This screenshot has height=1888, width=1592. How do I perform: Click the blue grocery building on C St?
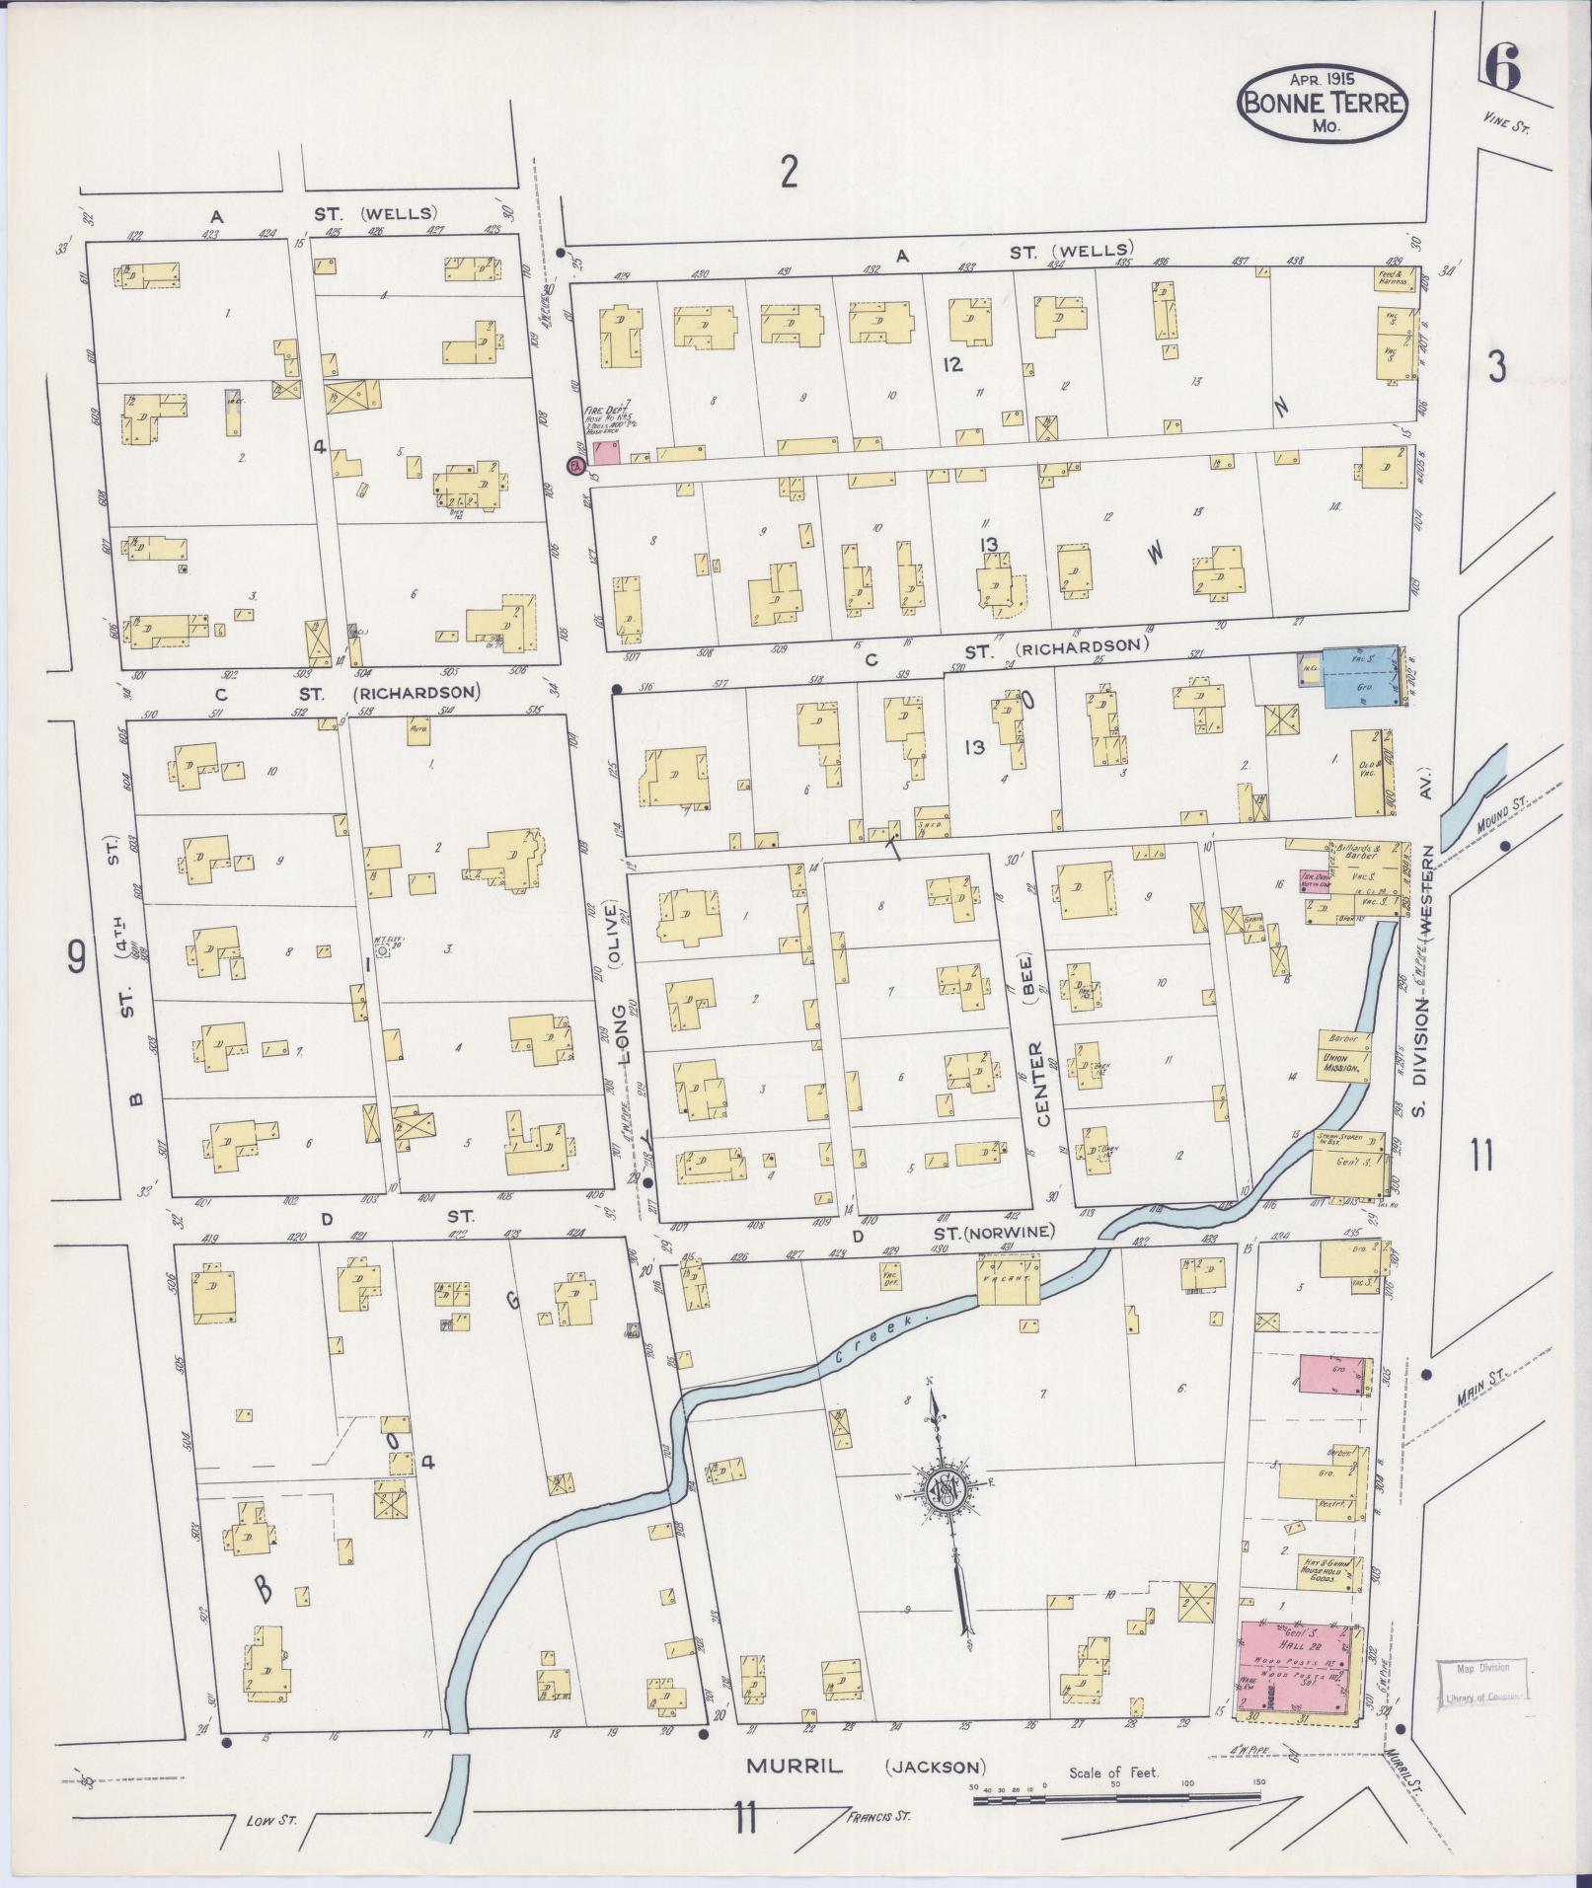(1360, 675)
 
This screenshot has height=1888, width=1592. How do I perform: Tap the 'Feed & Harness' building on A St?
(1397, 277)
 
